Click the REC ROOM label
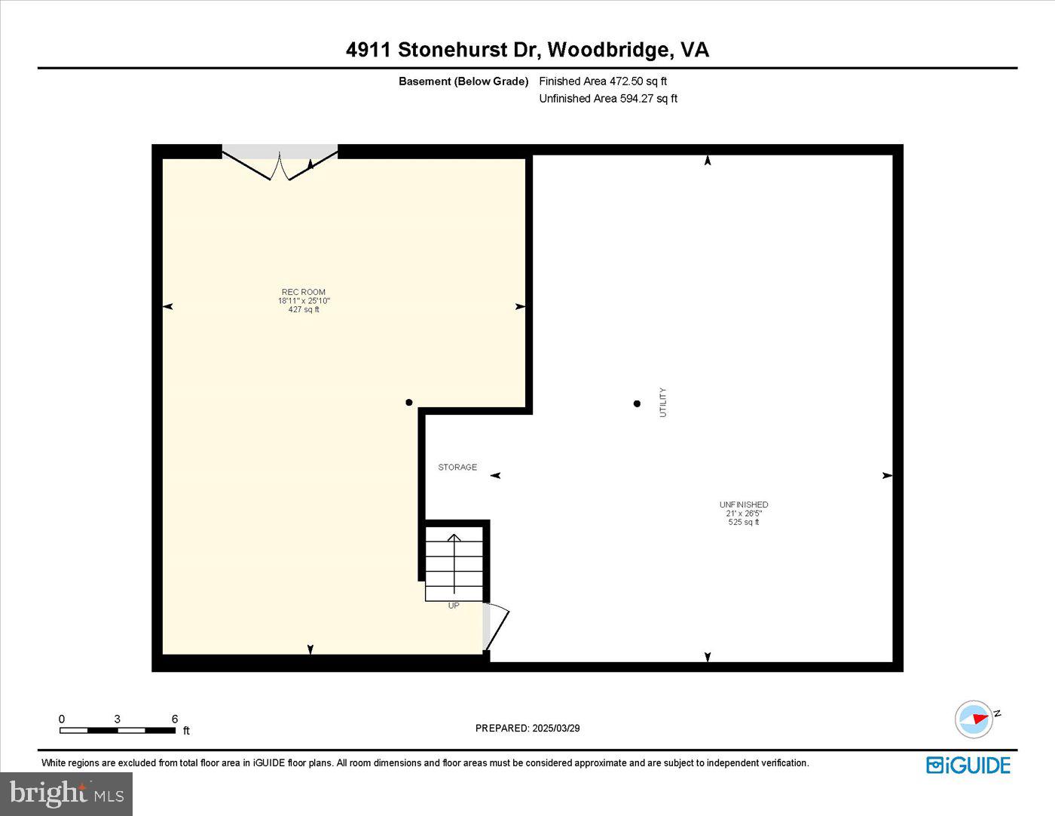coord(304,292)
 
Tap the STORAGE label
coord(457,468)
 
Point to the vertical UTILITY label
coord(663,403)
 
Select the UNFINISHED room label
coord(744,505)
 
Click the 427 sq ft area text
coord(304,309)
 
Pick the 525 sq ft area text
coord(744,522)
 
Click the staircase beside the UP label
coord(454,563)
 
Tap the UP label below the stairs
coord(454,606)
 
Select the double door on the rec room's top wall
coord(280,164)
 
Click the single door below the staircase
coord(495,627)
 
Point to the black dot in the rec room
coord(409,403)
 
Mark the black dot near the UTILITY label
coord(637,403)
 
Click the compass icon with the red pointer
coord(974,719)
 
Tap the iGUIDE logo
coord(968,765)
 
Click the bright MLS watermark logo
coord(66,793)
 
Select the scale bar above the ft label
coord(118,730)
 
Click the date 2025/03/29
coord(556,729)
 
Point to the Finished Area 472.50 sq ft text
coord(603,81)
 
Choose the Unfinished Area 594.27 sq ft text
coord(608,99)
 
